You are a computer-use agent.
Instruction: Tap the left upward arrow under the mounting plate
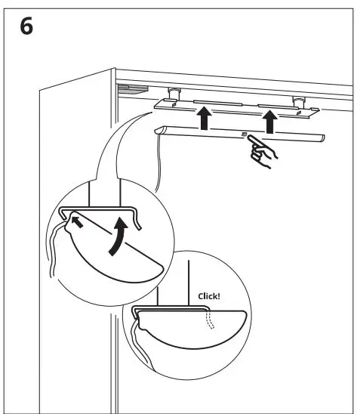[x=202, y=119]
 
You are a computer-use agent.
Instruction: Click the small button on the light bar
[x=244, y=134]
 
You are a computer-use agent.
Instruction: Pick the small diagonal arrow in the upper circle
[x=75, y=221]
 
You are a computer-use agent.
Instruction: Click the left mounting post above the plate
[x=174, y=94]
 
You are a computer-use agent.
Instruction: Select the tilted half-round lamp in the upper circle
[x=113, y=249]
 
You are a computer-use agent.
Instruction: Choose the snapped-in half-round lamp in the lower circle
[x=189, y=329]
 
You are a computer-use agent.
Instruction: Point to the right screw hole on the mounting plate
[x=299, y=115]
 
